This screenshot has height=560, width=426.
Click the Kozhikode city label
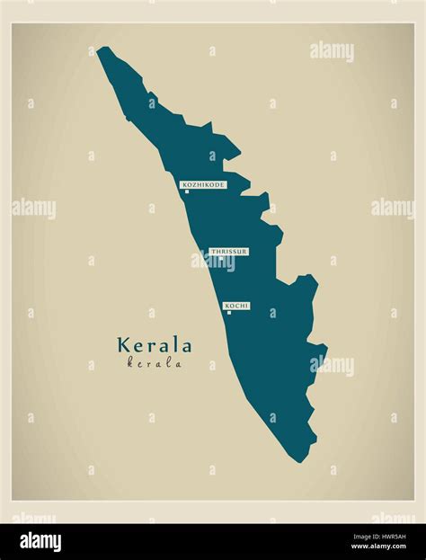point(203,184)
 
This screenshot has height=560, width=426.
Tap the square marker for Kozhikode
point(187,191)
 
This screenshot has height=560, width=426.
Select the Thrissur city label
point(228,252)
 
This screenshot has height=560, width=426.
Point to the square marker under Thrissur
point(221,259)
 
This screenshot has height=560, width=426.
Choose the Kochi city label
point(236,306)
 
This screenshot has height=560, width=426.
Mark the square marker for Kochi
point(229,313)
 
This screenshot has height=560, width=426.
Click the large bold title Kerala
point(154,345)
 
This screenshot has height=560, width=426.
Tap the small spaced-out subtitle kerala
point(155,364)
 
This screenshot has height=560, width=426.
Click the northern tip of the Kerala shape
point(102,49)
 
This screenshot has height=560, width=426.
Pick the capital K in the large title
point(123,345)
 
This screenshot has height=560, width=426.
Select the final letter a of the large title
point(186,345)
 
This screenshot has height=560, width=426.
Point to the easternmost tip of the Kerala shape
point(326,349)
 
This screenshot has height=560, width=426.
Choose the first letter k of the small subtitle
point(130,364)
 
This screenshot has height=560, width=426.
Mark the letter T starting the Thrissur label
point(213,252)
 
